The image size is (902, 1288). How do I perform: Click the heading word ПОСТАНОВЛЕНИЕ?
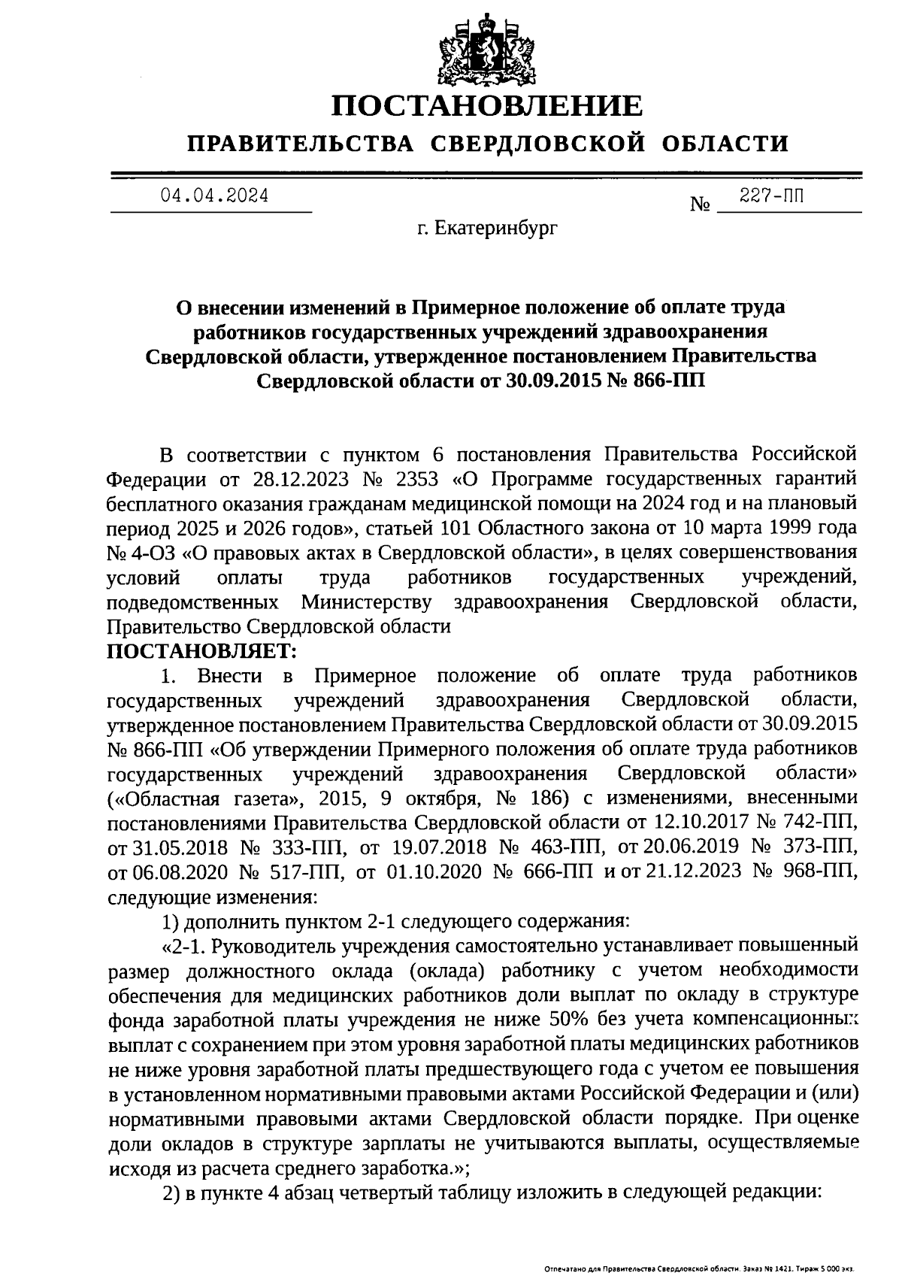pyautogui.click(x=488, y=106)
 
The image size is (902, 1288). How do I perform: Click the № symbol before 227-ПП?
pyautogui.click(x=700, y=205)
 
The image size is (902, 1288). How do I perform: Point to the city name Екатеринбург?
pyautogui.click(x=497, y=227)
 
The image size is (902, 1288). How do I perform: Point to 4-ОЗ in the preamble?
pyautogui.click(x=155, y=553)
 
